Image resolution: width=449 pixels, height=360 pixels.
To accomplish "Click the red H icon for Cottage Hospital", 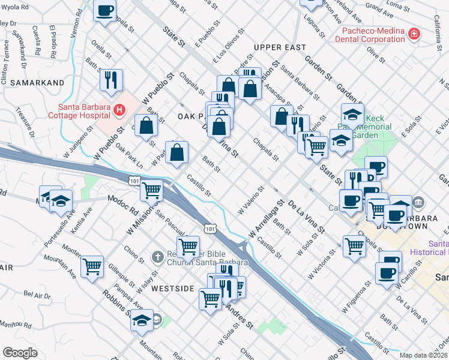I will tap(119, 110).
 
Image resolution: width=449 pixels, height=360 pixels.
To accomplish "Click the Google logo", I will tap(19, 353).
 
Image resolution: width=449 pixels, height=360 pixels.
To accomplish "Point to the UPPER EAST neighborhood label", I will tap(280, 47).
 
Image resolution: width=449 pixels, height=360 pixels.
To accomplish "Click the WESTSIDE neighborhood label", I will tap(172, 289).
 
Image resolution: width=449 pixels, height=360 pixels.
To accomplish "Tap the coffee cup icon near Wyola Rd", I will tap(105, 11).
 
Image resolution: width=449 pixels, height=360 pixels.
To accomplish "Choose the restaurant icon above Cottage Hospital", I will tap(111, 79).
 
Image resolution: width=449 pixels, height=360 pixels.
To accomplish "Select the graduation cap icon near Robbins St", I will tap(142, 320).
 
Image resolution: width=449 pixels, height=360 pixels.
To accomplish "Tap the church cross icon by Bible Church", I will tap(157, 257).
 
